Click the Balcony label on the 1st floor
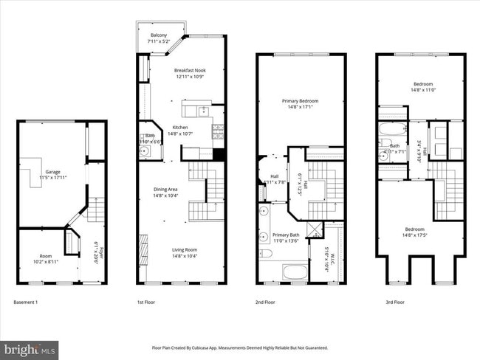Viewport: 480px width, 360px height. click(x=158, y=35)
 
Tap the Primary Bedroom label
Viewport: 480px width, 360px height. click(x=300, y=100)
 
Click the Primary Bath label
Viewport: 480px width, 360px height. click(x=275, y=235)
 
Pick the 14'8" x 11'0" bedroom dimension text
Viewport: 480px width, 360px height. click(x=423, y=89)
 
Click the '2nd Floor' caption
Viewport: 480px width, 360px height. click(x=265, y=302)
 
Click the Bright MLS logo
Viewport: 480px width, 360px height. click(x=30, y=348)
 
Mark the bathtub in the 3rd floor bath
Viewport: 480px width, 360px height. click(x=391, y=134)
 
